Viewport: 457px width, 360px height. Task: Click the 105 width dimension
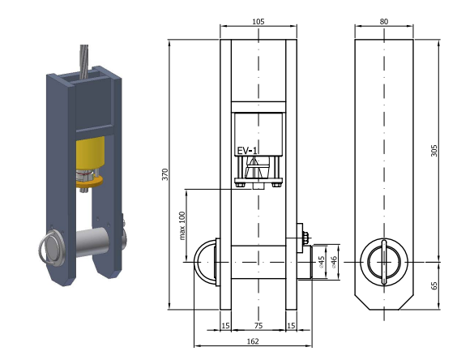(x=258, y=22)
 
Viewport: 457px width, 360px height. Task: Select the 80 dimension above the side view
(x=384, y=22)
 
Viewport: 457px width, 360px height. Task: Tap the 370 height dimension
(x=165, y=174)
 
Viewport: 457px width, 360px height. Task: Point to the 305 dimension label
(x=434, y=151)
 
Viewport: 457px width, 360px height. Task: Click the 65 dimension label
(x=434, y=285)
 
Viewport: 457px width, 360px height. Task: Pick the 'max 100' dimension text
(x=182, y=225)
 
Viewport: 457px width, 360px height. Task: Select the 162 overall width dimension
(x=253, y=341)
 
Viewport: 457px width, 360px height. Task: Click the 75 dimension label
(x=258, y=326)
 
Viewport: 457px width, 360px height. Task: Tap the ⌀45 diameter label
(x=321, y=262)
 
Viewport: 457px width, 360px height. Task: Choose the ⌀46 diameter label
(x=334, y=262)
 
